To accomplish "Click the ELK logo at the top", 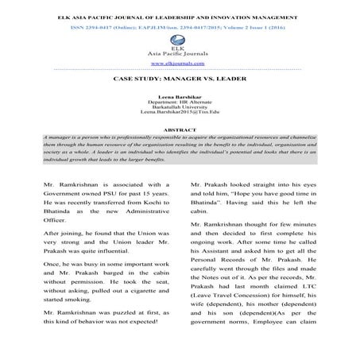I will [179, 36].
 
